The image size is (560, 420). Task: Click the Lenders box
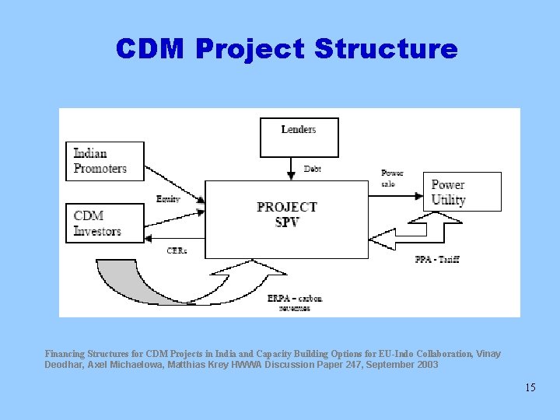299,137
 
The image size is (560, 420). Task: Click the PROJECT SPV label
286,214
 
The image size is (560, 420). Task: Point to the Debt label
312,169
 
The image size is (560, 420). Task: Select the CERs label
177,250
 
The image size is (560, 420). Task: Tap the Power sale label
392,178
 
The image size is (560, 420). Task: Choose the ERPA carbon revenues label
295,303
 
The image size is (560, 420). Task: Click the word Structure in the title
386,49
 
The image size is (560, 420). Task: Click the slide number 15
530,387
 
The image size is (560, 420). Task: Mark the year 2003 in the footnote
426,364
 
